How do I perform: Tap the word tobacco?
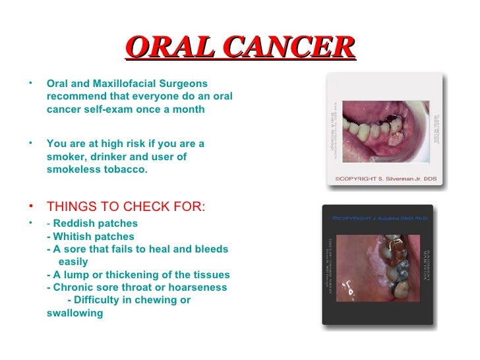[x=124, y=169]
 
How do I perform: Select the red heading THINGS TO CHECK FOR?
[x=126, y=207]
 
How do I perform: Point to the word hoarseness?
[x=196, y=287]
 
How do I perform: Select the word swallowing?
[x=75, y=313]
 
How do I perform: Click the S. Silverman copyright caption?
[x=384, y=178]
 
